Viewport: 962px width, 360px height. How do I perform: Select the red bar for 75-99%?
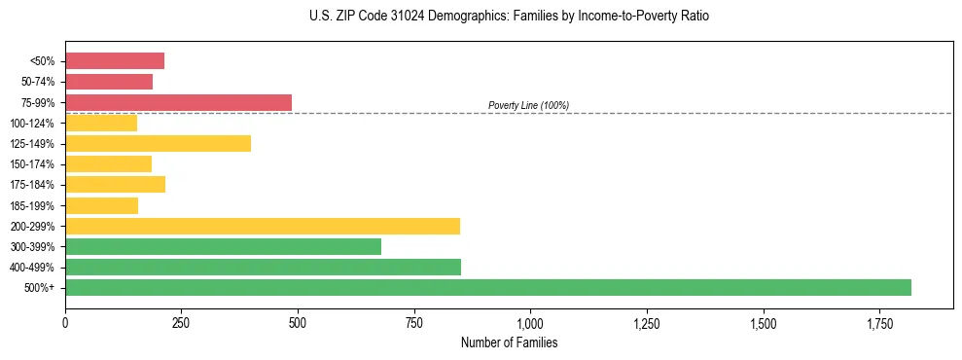point(178,102)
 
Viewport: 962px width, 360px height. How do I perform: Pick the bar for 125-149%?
point(158,143)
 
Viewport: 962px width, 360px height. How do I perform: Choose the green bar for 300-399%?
point(223,246)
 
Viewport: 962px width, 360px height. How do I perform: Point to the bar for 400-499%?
point(263,267)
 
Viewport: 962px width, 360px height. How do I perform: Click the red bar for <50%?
point(115,61)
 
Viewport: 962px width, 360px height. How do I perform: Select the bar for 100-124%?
point(101,123)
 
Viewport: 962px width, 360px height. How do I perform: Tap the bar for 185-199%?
point(101,205)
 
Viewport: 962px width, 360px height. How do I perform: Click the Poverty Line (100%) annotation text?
point(528,105)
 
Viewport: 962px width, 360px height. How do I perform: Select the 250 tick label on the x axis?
point(181,322)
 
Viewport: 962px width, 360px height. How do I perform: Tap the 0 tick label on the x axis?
point(65,322)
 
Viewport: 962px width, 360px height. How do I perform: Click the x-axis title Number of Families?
point(509,342)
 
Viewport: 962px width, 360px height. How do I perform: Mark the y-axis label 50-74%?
point(38,82)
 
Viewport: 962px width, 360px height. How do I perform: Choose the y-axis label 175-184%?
point(34,185)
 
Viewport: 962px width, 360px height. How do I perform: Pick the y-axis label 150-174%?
point(34,164)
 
